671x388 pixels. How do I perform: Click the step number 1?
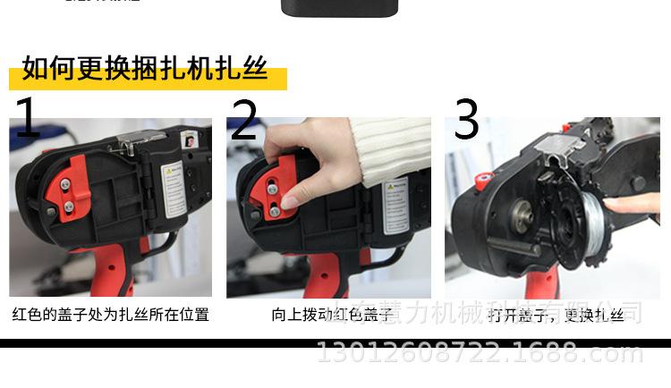27,118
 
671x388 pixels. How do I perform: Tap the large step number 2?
243,121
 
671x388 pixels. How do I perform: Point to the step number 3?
466,121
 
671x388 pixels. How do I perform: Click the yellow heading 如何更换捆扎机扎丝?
146,69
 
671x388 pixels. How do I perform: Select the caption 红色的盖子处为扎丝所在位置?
110,315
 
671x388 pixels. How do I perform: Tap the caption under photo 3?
556,315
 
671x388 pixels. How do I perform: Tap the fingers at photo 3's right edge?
635,205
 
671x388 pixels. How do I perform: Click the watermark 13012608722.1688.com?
480,354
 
